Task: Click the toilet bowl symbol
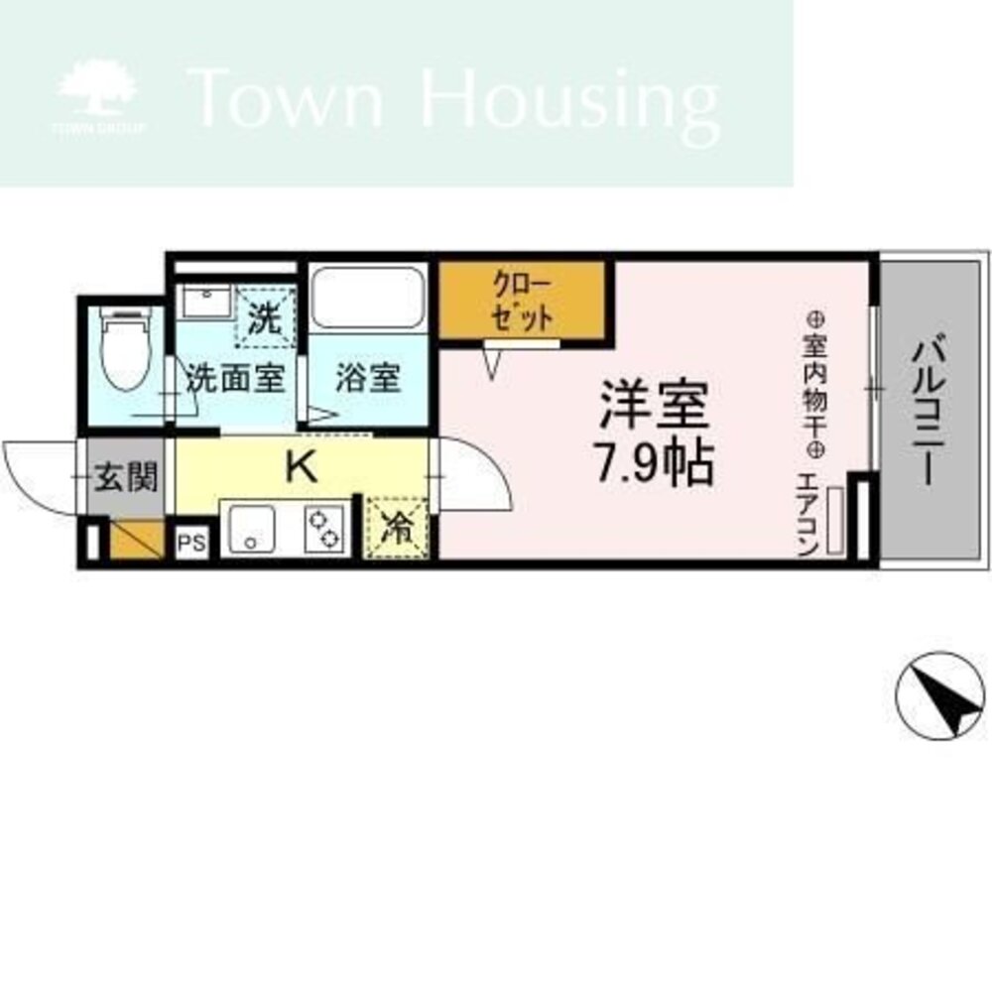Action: (x=126, y=349)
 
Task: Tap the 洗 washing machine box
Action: (x=266, y=317)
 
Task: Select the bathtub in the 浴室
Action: (x=368, y=298)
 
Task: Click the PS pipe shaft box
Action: (x=191, y=543)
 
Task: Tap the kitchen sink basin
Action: (x=251, y=530)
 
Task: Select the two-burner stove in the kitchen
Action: (x=324, y=530)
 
